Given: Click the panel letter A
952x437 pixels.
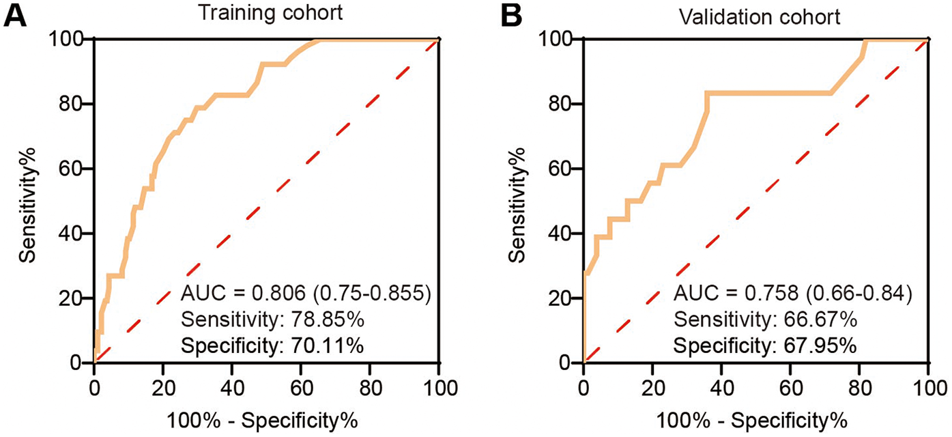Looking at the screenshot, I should pyautogui.click(x=16, y=15).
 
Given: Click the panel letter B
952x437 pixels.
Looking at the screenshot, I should pyautogui.click(x=511, y=15).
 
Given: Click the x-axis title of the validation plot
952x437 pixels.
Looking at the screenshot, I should pyautogui.click(x=755, y=417).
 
